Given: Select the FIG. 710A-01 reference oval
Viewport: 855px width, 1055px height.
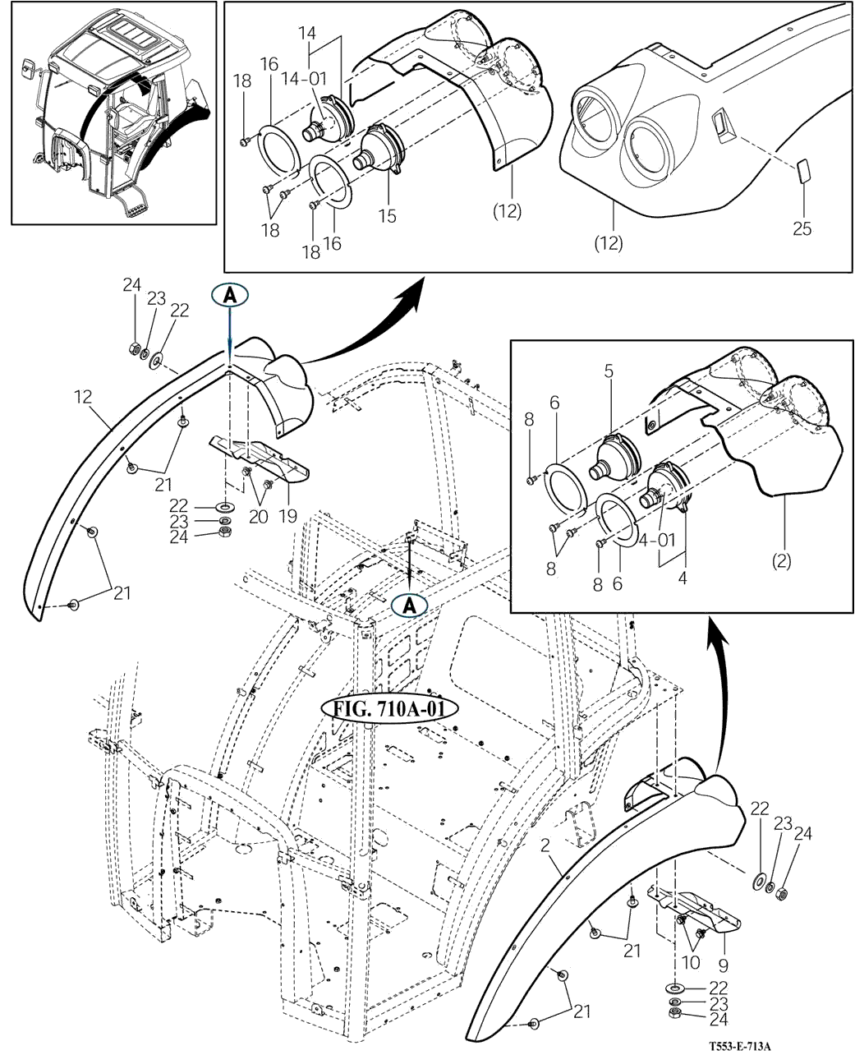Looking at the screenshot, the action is click(389, 709).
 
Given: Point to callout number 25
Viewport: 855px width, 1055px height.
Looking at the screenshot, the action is click(802, 228).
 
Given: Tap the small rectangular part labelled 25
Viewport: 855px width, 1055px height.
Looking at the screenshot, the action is click(803, 171).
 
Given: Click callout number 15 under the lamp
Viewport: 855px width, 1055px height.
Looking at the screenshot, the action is click(388, 216).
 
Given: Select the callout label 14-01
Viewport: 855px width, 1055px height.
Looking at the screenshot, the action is click(305, 79).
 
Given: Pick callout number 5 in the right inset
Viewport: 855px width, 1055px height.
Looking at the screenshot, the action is click(609, 371).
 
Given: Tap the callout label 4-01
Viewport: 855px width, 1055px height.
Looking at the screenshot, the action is click(657, 539).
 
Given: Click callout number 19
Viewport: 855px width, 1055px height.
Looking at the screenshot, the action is click(287, 516).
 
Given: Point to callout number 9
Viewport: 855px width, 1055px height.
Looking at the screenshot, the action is click(724, 965).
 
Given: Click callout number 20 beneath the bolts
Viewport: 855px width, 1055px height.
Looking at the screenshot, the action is click(259, 517).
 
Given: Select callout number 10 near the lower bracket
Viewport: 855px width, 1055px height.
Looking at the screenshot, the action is click(691, 962).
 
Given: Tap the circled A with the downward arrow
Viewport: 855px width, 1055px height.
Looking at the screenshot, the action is click(229, 296).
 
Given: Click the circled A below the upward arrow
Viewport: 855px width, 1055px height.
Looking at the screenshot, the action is click(410, 606).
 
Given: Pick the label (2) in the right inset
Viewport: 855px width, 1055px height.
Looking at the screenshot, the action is click(781, 562).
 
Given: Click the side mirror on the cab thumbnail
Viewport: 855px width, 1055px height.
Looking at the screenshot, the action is click(29, 68).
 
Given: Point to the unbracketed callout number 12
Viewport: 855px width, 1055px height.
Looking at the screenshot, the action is click(84, 397).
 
